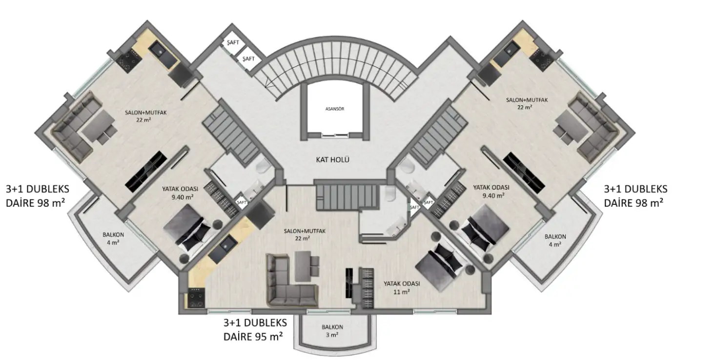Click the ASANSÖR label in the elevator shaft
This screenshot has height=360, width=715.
click(x=334, y=109)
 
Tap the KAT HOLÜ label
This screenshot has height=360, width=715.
click(x=332, y=160)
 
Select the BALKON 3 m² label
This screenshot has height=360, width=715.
click(x=332, y=331)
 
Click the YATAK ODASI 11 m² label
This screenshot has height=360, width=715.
click(x=402, y=287)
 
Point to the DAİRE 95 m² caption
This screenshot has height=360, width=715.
click(x=253, y=337)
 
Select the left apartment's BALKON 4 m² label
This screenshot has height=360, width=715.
click(x=113, y=239)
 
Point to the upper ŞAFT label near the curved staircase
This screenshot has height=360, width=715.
click(x=233, y=42)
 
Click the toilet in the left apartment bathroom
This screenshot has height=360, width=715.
click(x=264, y=165)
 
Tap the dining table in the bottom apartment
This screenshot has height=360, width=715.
click(x=303, y=266)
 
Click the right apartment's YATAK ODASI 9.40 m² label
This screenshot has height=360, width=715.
click(x=491, y=191)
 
